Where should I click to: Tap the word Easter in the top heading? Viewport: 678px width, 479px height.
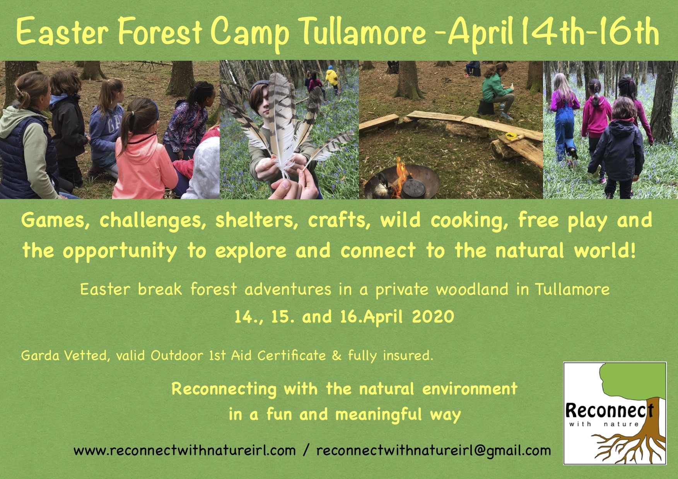(62, 33)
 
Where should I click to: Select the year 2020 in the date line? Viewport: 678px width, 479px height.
(433, 317)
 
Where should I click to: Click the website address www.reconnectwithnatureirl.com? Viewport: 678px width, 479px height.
(184, 450)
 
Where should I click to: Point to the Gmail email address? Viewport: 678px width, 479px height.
(434, 450)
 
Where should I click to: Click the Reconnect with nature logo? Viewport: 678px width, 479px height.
(615, 413)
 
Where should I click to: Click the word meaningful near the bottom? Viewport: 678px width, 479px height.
(378, 415)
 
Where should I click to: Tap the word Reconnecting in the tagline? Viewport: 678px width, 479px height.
(224, 389)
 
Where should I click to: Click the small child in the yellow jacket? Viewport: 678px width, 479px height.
(331, 77)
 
